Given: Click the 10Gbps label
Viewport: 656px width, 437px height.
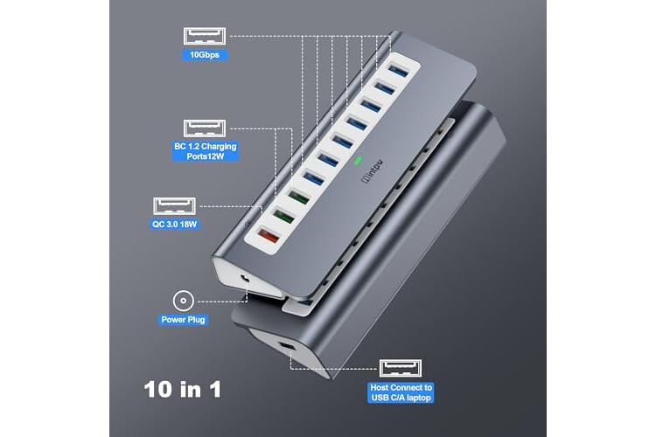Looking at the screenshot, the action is [205, 55].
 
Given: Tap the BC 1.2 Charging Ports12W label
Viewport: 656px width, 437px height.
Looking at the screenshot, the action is [206, 151].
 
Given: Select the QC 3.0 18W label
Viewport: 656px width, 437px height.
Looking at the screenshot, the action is [174, 224].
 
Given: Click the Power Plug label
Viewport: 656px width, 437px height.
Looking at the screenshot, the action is [184, 320].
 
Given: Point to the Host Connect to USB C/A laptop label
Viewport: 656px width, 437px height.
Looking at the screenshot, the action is [401, 392].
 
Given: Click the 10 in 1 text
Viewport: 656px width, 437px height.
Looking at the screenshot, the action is [183, 389].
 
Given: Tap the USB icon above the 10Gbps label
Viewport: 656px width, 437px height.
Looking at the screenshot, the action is [205, 37].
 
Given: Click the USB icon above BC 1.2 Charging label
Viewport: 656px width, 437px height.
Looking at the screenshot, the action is [205, 128].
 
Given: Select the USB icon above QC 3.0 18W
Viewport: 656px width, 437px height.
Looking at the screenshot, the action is [174, 206].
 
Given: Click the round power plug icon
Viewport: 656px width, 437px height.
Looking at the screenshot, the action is [184, 301].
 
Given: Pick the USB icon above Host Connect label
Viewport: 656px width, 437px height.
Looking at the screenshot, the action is [401, 368].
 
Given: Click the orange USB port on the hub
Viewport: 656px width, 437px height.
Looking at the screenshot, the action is [269, 237].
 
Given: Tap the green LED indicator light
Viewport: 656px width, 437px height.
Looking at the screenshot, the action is [358, 160].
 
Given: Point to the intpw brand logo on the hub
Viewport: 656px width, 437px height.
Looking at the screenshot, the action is [372, 171].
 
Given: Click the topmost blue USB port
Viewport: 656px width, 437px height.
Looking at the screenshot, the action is [398, 71].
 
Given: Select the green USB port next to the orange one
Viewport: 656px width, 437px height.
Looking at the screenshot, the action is [283, 217].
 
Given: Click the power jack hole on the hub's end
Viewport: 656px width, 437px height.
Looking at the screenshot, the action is [244, 278].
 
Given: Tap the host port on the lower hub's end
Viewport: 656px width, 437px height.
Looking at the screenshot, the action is [286, 346].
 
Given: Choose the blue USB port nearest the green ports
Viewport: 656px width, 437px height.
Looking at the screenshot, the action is [313, 177].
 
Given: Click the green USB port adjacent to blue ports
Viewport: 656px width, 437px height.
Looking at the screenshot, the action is [299, 197].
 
